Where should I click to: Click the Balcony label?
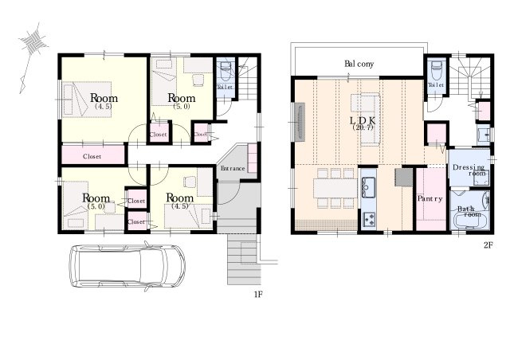pyautogui.click(x=359, y=64)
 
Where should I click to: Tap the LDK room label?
pyautogui.click(x=363, y=121)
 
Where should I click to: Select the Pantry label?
pyautogui.click(x=430, y=198)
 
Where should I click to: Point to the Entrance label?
pyautogui.click(x=233, y=169)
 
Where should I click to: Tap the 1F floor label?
pyautogui.click(x=258, y=295)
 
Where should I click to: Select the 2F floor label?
pyautogui.click(x=488, y=245)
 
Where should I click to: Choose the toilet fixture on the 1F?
pyautogui.click(x=226, y=71)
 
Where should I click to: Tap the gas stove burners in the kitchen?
pyautogui.click(x=369, y=220)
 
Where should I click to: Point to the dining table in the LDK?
pyautogui.click(x=335, y=188)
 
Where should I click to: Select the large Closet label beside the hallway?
pyautogui.click(x=92, y=156)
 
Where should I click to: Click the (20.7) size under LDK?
pyautogui.click(x=363, y=127)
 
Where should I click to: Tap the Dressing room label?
pyautogui.click(x=469, y=170)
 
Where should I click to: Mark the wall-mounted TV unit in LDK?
pyautogui.click(x=300, y=122)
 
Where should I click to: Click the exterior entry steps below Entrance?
pyautogui.click(x=244, y=259)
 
